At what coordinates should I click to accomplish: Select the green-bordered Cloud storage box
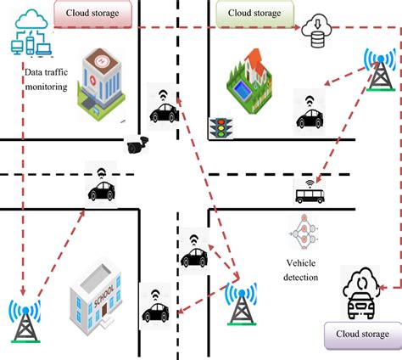pyautogui.click(x=254, y=14)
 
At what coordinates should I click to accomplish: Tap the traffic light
pyautogui.click(x=222, y=128)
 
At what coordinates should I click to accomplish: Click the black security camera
pyautogui.click(x=136, y=146)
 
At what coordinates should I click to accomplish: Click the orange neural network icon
pyautogui.click(x=302, y=231)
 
